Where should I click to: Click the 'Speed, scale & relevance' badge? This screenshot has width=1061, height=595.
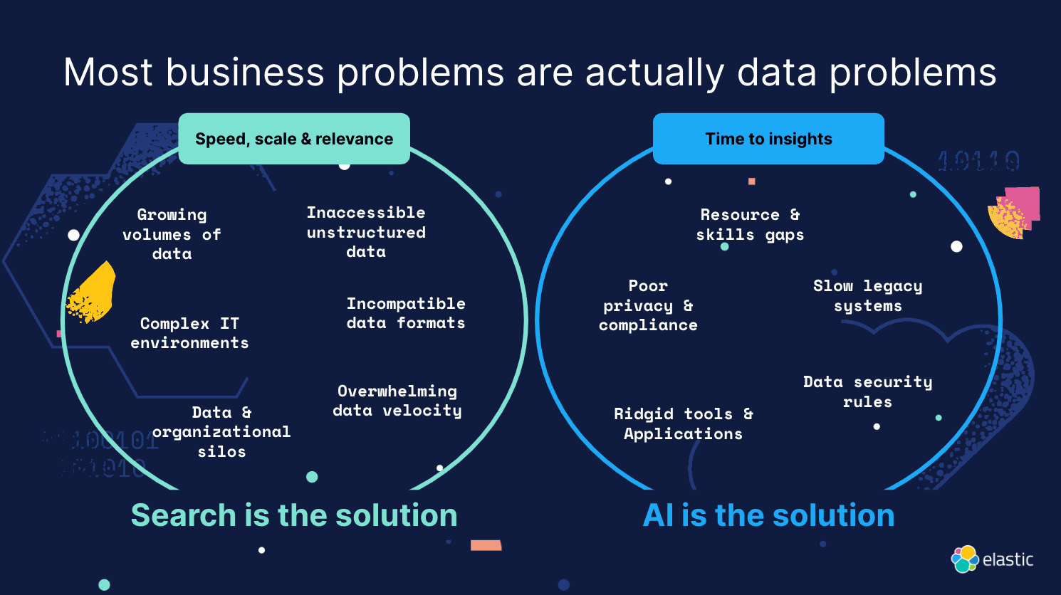click(293, 139)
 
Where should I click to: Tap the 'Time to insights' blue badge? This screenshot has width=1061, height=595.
click(768, 139)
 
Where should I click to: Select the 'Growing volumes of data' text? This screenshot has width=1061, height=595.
click(172, 234)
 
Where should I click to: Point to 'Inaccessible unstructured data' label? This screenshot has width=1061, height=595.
click(366, 232)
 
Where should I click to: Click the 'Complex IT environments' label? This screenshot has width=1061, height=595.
click(189, 333)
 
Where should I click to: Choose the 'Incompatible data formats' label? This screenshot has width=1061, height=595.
click(406, 313)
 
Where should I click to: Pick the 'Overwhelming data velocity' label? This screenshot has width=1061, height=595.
click(397, 401)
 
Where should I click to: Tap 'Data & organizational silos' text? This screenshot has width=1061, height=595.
click(221, 431)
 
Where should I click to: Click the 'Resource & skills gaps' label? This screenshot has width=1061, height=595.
click(750, 224)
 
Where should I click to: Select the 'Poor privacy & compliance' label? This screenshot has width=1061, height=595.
click(648, 305)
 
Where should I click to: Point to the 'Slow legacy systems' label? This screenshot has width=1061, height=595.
click(867, 295)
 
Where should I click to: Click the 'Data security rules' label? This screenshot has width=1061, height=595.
click(867, 391)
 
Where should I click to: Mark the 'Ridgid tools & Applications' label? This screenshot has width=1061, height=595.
click(683, 423)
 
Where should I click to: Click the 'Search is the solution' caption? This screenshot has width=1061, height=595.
click(293, 515)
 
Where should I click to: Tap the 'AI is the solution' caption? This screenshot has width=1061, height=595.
click(768, 515)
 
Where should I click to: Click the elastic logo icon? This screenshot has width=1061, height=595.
click(965, 559)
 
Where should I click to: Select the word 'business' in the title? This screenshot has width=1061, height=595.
click(245, 73)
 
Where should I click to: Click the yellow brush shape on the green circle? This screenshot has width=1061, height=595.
click(93, 293)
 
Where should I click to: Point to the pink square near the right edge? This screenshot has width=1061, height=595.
click(1024, 204)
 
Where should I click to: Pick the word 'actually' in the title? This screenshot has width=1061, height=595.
click(654, 73)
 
